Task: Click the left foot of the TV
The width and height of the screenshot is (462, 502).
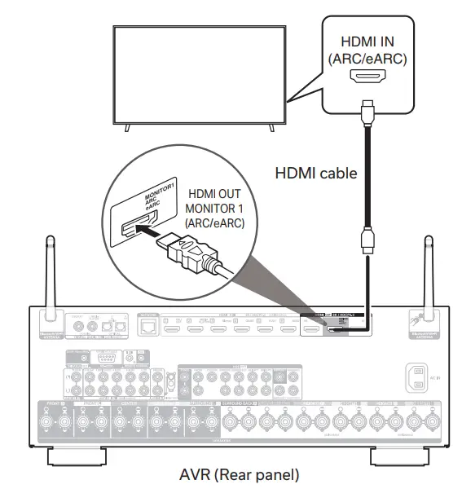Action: [x=125, y=125]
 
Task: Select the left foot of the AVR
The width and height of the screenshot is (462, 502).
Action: [x=73, y=454]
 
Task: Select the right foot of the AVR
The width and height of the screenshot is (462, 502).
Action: [x=403, y=454]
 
